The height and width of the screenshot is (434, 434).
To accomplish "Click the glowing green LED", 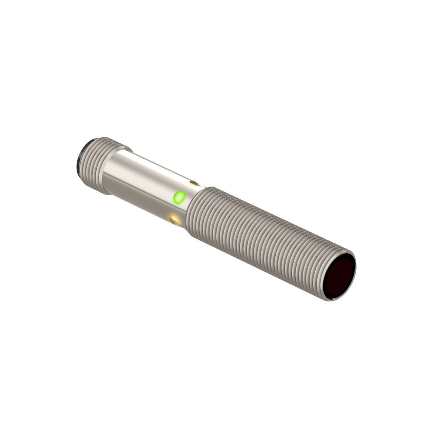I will click(179, 197).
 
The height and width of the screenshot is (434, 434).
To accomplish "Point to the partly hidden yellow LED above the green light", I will click(194, 184).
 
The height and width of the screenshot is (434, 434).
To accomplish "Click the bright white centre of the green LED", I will click(179, 196).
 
